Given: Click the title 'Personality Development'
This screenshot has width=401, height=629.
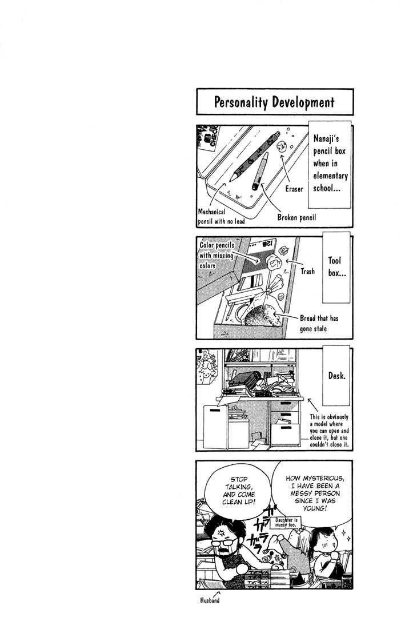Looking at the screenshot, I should pyautogui.click(x=274, y=102).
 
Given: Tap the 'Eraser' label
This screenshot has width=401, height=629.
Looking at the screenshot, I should pyautogui.click(x=294, y=189).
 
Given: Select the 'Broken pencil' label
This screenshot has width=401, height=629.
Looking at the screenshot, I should pyautogui.click(x=297, y=217).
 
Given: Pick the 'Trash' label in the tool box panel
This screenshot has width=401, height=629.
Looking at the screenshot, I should pyautogui.click(x=308, y=272).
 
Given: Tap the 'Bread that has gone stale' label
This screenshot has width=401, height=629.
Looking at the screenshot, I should pyautogui.click(x=319, y=323).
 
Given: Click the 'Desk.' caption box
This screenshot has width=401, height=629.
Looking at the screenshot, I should pyautogui.click(x=337, y=377).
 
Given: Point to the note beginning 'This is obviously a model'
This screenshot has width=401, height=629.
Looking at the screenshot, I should pyautogui.click(x=328, y=431).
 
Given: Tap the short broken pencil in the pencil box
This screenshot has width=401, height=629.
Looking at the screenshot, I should pyautogui.click(x=259, y=172).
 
